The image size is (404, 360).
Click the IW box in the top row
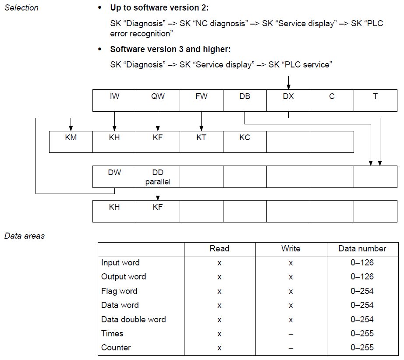(x=114, y=100)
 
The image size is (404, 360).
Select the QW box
(x=158, y=100)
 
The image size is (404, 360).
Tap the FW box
(x=202, y=100)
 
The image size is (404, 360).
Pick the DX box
(x=288, y=100)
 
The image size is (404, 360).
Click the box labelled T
(x=376, y=100)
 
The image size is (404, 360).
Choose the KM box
(x=71, y=142)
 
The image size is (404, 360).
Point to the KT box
(x=202, y=142)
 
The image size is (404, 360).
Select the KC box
(x=245, y=142)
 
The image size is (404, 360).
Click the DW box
(x=114, y=176)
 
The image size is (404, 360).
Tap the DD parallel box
(x=158, y=176)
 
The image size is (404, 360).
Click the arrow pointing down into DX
(x=289, y=83)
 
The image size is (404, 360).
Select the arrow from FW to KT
(x=202, y=121)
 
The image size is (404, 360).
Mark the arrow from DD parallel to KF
(x=158, y=194)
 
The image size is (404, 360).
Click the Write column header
(x=291, y=248)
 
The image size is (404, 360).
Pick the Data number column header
(x=362, y=248)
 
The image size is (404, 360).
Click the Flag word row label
(x=119, y=291)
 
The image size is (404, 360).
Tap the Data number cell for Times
(x=362, y=333)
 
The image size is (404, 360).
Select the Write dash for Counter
(x=291, y=348)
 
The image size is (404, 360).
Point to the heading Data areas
(x=25, y=236)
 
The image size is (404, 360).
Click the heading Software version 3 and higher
(x=170, y=49)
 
